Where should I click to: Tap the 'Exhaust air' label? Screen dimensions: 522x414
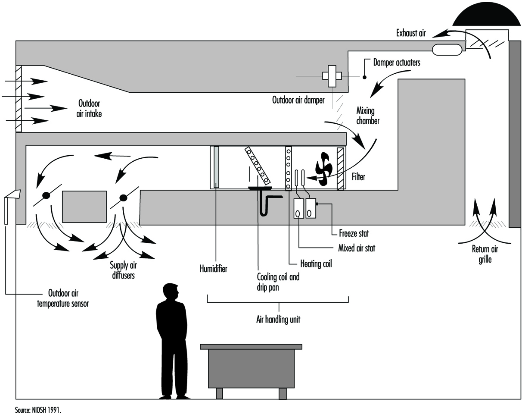point(411,33)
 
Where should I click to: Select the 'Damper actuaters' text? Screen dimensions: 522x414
point(397,63)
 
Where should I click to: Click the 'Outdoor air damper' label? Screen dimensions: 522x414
point(298,100)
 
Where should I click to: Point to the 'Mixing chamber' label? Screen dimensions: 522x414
point(367,116)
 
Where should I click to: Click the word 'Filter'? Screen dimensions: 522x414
point(358,177)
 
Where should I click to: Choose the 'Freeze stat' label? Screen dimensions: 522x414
point(354,233)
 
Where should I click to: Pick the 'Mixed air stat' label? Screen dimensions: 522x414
point(357,248)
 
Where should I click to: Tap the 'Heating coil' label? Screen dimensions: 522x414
point(316,263)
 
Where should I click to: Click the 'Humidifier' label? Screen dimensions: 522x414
point(214,269)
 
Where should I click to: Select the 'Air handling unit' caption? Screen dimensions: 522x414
point(278,319)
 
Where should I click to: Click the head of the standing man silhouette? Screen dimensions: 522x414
point(171,292)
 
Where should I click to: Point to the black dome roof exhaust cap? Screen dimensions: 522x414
point(487,15)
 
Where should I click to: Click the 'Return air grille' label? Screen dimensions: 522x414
point(485,254)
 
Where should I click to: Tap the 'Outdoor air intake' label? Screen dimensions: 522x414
point(89,108)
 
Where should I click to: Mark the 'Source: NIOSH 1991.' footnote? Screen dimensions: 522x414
point(38,410)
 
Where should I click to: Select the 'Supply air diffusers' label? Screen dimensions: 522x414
point(123,270)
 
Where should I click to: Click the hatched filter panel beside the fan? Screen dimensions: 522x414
point(340,169)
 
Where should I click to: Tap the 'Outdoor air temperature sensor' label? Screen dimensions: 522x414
point(63,298)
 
